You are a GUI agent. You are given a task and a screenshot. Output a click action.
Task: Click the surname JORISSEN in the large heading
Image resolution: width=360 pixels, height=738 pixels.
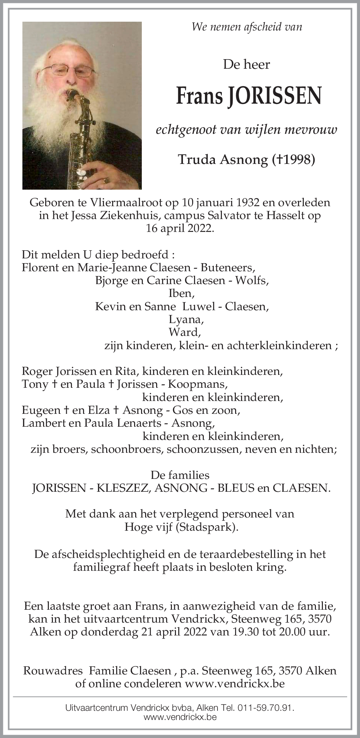(x=274, y=96)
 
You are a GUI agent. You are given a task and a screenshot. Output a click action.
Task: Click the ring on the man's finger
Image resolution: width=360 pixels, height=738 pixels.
(x=106, y=180)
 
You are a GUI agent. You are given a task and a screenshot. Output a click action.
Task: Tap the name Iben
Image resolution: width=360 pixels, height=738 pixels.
(x=181, y=293)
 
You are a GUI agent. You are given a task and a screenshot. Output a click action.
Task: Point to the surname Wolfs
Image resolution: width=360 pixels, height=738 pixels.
(x=251, y=280)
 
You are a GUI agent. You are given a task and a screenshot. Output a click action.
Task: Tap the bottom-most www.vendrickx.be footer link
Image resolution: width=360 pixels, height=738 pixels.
(x=180, y=717)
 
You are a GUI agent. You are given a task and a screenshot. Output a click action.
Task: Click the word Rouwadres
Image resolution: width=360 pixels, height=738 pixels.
(x=53, y=671)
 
